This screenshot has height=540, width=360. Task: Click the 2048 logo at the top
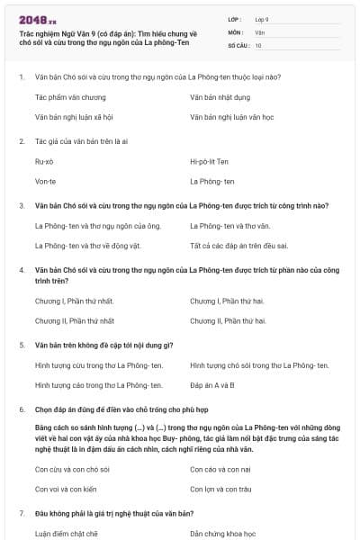[38, 17]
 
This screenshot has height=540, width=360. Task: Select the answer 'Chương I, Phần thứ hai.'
[228, 300]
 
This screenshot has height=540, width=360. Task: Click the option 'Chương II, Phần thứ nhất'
[75, 320]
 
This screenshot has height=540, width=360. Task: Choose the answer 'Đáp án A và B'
[212, 385]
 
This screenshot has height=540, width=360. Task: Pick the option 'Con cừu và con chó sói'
[73, 468]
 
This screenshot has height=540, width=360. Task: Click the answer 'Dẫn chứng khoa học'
[222, 533]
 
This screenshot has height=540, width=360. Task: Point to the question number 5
[22, 345]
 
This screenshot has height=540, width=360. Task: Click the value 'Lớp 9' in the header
[261, 19]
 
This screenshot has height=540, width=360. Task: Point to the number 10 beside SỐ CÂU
[258, 45]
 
